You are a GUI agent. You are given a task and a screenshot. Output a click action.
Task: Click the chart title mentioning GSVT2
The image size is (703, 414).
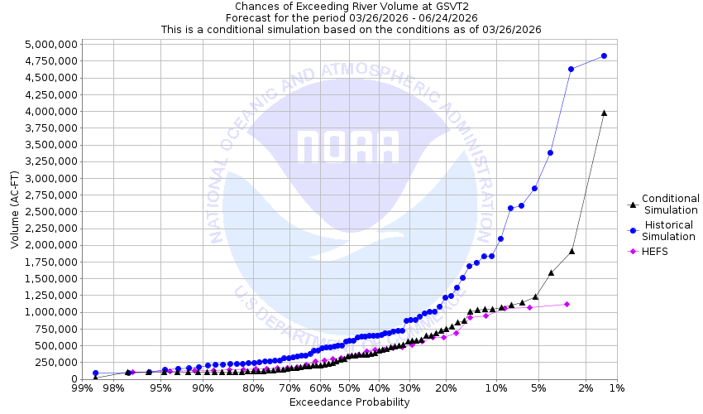pyautogui.click(x=351, y=6)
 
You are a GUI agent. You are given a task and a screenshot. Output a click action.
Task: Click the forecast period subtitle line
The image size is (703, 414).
pyautogui.click(x=351, y=17)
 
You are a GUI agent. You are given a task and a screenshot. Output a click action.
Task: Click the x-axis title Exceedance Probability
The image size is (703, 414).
pyautogui.click(x=349, y=403)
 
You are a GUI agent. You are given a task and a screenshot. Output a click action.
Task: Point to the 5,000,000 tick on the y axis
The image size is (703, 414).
pyautogui.click(x=52, y=44)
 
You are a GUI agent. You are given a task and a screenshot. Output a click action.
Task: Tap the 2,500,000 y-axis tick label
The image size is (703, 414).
pyautogui.click(x=52, y=212)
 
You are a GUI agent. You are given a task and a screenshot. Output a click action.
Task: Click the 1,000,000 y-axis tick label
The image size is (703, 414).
pyautogui.click(x=52, y=312)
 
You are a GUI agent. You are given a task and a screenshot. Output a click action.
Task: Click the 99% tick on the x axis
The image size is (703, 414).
pyautogui.click(x=82, y=388)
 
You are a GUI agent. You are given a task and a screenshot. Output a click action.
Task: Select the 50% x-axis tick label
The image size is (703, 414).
pyautogui.click(x=348, y=388)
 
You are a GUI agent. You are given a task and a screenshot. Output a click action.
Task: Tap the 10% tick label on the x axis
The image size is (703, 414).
pyautogui.click(x=495, y=388)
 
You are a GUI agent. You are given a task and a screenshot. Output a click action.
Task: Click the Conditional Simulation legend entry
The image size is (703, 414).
pyautogui.click(x=670, y=204)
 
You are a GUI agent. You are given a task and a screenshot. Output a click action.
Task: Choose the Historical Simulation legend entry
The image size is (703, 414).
pyautogui.click(x=670, y=231)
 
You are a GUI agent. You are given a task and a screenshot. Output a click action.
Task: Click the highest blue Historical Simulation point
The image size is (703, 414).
pyautogui.click(x=604, y=55)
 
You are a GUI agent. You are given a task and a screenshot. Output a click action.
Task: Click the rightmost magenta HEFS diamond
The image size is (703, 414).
pyautogui.click(x=567, y=304)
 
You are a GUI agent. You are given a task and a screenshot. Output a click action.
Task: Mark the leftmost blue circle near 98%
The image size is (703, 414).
pyautogui.click(x=95, y=373)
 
